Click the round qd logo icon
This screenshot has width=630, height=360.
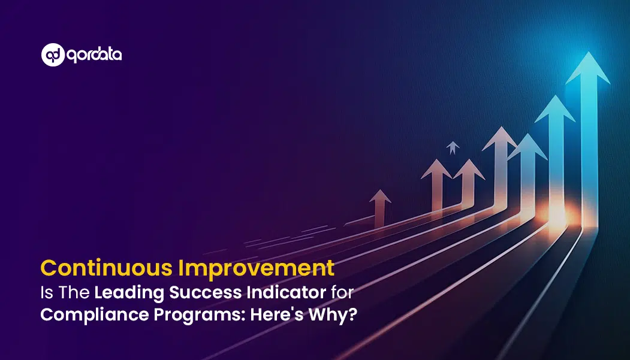[53, 55]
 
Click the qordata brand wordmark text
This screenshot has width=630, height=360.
[94, 55]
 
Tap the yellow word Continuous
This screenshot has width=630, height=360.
[107, 268]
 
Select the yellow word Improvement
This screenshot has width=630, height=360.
[257, 268]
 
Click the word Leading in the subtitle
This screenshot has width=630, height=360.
[129, 293]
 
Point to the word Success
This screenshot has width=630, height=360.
[206, 292]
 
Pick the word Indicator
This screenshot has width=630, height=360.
[286, 292]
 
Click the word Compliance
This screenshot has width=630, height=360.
[95, 314]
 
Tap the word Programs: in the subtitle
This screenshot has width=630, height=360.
[199, 315]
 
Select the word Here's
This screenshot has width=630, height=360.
[277, 314]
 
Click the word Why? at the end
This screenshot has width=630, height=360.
[333, 314]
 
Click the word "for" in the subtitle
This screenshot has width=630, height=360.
[342, 292]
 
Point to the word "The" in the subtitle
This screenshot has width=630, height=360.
[74, 292]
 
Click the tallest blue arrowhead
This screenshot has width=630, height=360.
[588, 68]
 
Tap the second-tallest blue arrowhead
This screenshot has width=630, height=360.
[555, 109]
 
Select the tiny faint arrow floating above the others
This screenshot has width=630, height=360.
[453, 148]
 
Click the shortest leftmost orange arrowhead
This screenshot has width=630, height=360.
[380, 196]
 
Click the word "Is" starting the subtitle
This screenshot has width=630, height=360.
[47, 292]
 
